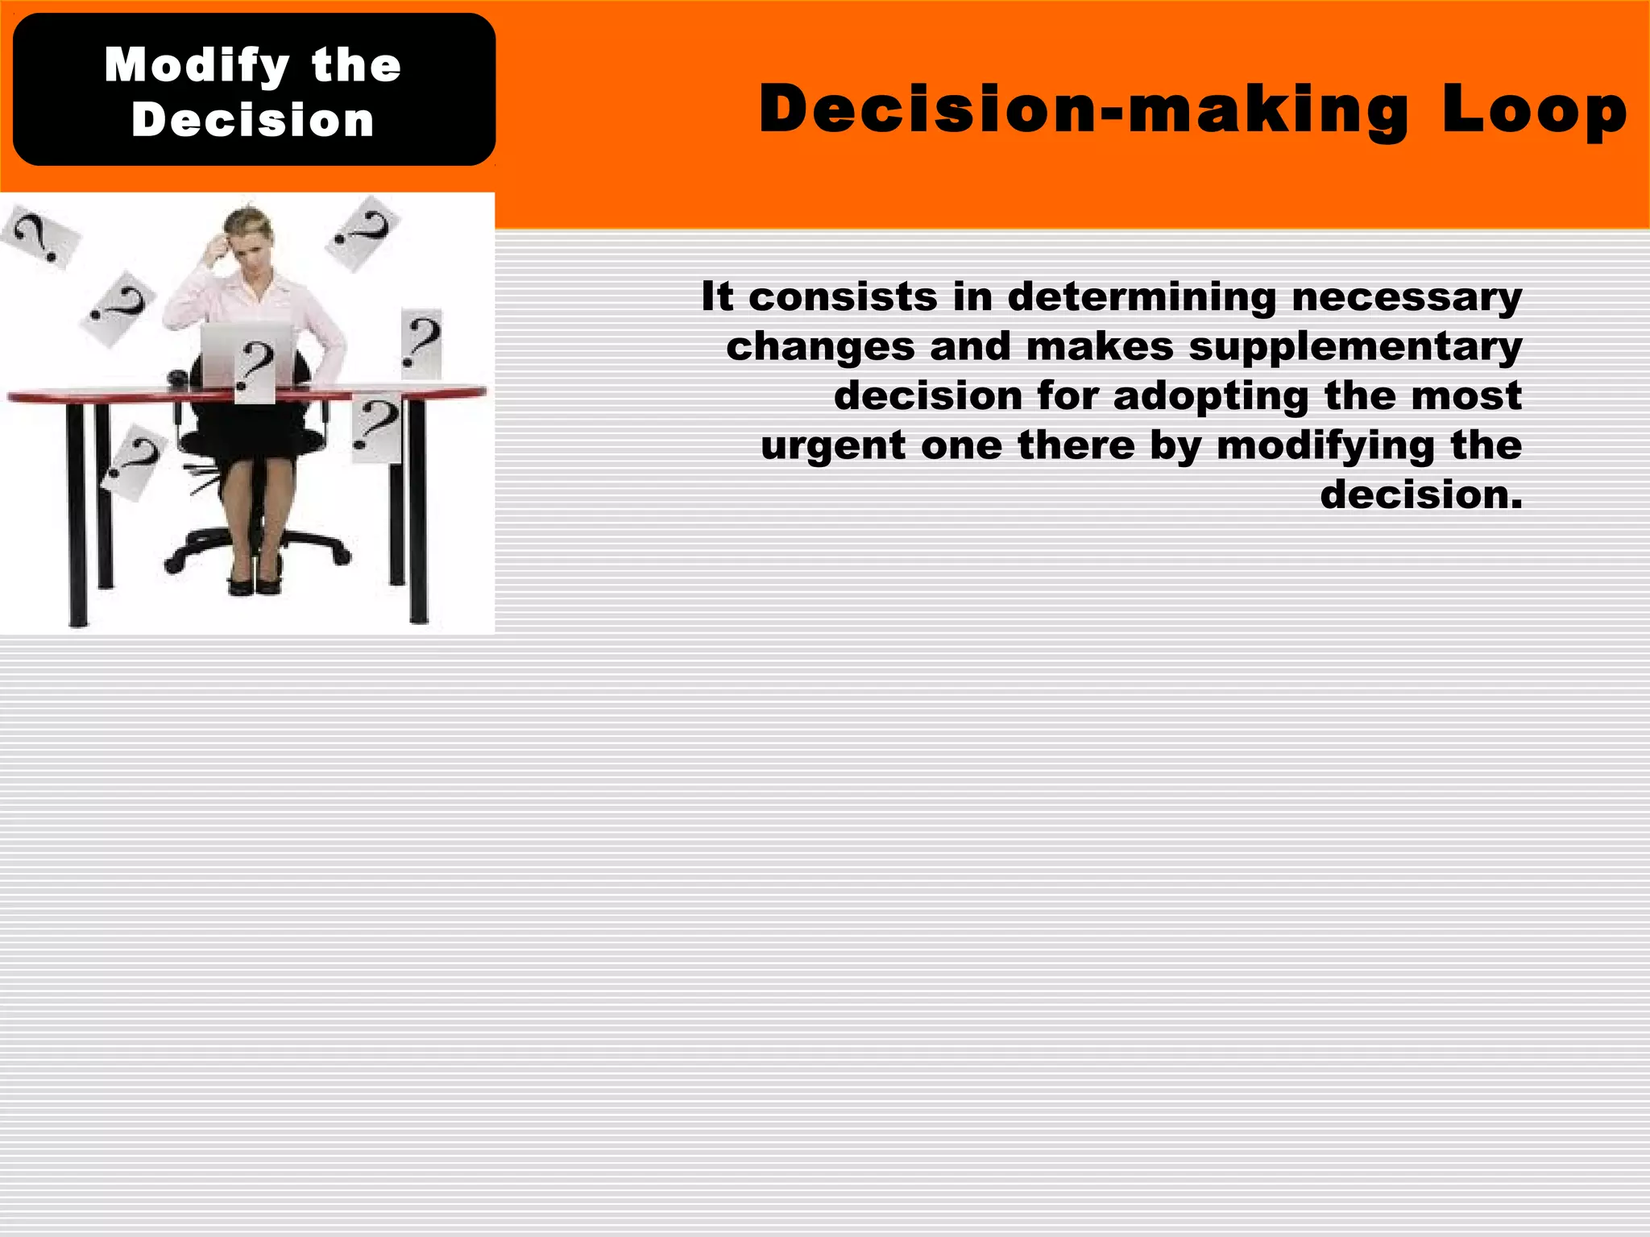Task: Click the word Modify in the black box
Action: [197, 66]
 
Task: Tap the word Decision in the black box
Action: [253, 121]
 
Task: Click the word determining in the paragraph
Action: [1142, 296]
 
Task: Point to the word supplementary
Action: [1355, 346]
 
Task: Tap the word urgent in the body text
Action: [832, 446]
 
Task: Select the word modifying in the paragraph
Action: [1325, 446]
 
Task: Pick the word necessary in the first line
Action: [1407, 296]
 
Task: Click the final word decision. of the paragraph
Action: [1421, 494]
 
